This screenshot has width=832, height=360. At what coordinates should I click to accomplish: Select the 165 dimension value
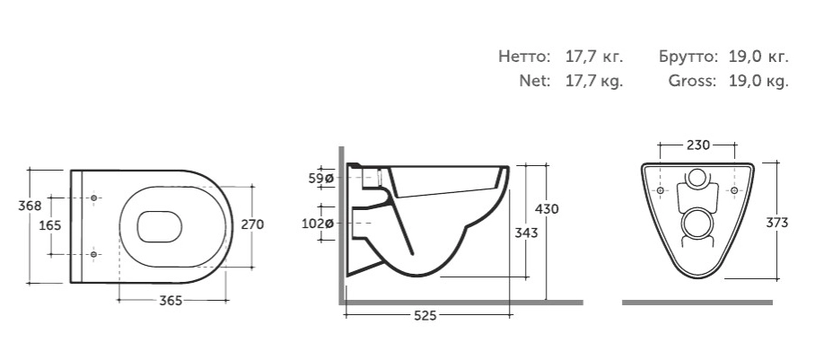click(x=50, y=224)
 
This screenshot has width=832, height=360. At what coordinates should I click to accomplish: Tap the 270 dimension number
click(x=252, y=224)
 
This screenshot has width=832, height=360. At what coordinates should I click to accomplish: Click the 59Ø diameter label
click(x=321, y=179)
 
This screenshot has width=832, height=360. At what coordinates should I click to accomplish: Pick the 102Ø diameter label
click(x=321, y=224)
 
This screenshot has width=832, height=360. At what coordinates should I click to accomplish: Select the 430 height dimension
click(x=547, y=208)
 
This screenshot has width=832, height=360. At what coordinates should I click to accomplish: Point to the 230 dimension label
click(x=698, y=145)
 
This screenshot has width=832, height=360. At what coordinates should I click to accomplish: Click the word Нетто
click(x=523, y=57)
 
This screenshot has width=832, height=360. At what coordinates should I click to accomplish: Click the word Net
click(x=533, y=81)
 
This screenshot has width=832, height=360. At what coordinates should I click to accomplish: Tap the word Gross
click(x=692, y=81)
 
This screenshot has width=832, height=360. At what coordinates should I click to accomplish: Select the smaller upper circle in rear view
click(x=697, y=178)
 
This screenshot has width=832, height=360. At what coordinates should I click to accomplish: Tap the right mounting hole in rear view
click(x=734, y=191)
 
